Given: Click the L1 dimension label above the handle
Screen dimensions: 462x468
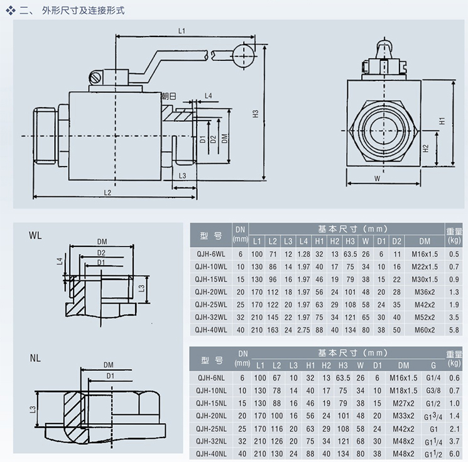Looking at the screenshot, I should click(x=181, y=30).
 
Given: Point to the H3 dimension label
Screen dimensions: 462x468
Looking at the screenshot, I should click(x=255, y=114).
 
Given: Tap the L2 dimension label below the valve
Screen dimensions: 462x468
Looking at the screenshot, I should click(x=107, y=192).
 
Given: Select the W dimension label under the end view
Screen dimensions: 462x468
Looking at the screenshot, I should click(x=377, y=178).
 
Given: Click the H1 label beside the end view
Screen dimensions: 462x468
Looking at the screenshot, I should click(x=442, y=120).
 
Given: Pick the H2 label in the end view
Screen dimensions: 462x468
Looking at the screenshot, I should click(x=425, y=149).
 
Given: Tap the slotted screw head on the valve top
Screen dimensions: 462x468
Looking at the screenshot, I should click(x=96, y=78).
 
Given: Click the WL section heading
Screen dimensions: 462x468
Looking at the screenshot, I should click(x=35, y=235).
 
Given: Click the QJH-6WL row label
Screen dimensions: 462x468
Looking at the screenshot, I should click(x=210, y=254).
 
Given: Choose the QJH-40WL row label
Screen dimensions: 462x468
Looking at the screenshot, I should click(x=210, y=329).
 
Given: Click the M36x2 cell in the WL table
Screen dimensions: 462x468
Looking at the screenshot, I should click(x=425, y=292).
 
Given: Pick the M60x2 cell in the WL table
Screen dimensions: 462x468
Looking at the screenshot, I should click(x=425, y=329).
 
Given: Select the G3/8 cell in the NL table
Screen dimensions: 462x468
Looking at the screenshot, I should click(x=433, y=391).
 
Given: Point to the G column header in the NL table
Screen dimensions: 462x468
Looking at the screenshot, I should click(x=433, y=365).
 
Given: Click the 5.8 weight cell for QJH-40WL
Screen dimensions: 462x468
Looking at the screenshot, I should click(x=454, y=329).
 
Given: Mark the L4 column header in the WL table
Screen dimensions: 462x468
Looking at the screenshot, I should click(x=304, y=241).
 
